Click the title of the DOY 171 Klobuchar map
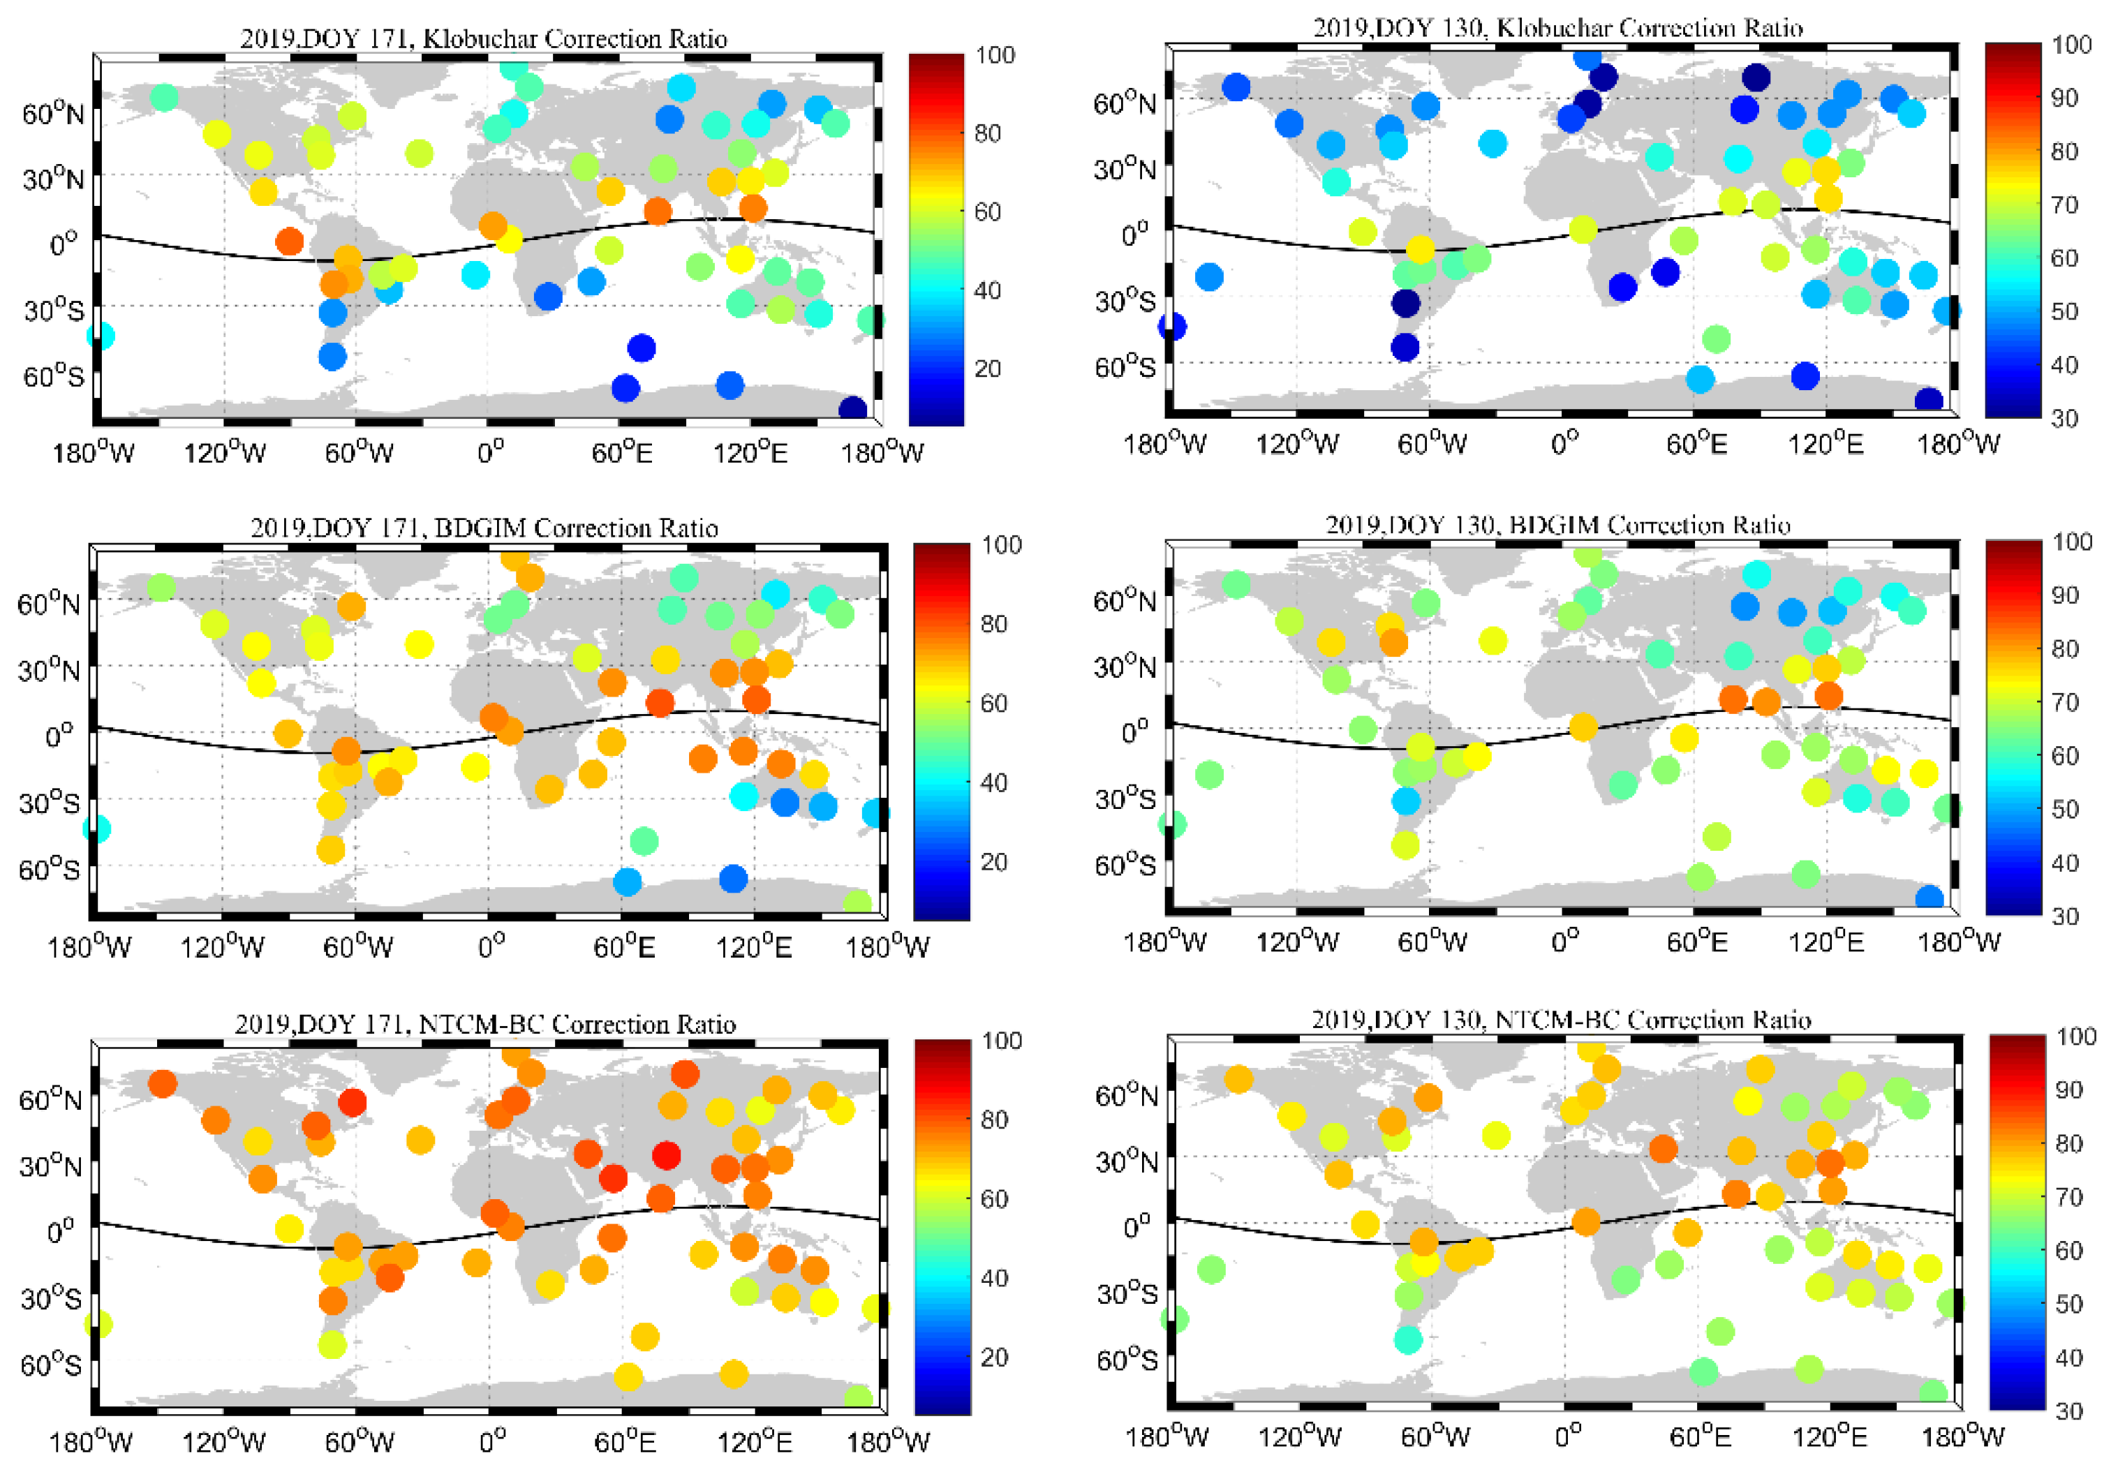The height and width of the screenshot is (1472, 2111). [x=484, y=38]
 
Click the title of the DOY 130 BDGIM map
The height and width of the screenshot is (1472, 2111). [x=1557, y=525]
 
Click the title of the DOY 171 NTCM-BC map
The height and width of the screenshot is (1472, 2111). [x=484, y=1023]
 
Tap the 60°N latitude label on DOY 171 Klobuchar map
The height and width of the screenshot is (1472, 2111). [x=53, y=114]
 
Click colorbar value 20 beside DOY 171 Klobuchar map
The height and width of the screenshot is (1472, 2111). [x=988, y=369]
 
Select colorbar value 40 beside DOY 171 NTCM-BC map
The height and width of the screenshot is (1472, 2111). [x=994, y=1277]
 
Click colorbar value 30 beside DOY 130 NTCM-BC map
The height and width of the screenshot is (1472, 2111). [x=2068, y=1411]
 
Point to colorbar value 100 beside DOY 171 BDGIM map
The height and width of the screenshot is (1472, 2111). [x=1001, y=545]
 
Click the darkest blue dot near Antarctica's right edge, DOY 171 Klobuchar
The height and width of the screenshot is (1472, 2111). [x=852, y=409]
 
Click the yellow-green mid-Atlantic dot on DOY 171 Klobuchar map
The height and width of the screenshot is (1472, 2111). [x=418, y=154]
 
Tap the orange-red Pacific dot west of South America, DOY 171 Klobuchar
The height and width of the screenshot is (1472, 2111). [x=290, y=241]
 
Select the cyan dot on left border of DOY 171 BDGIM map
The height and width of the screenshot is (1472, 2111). [x=96, y=828]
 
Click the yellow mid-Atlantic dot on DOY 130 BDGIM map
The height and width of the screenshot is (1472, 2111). [x=1492, y=641]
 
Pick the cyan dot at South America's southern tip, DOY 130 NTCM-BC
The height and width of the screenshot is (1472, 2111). [x=1407, y=1339]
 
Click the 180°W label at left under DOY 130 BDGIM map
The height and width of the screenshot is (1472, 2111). [x=1164, y=942]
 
